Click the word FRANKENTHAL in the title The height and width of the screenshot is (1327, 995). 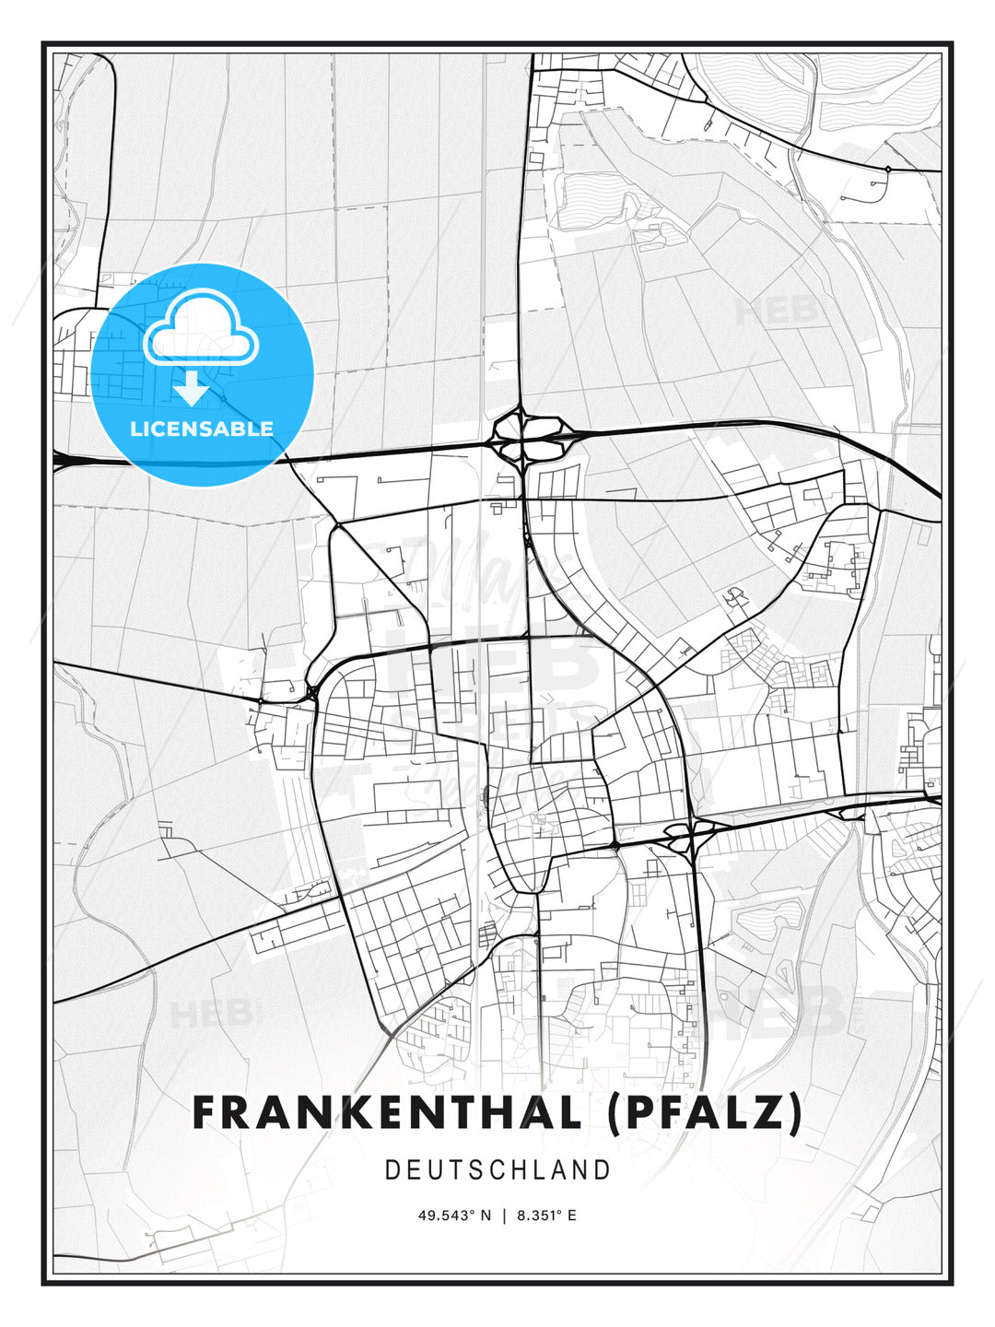(387, 1112)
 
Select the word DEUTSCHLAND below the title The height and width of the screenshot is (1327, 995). (497, 1170)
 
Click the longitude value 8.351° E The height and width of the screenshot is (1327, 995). (546, 1215)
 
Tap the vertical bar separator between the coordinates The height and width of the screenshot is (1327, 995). (504, 1215)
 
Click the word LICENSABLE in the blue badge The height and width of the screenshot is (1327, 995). (202, 429)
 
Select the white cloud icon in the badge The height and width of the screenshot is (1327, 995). (201, 327)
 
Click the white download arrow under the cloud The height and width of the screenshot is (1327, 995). (192, 389)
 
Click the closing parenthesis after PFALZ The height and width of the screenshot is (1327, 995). (794, 1113)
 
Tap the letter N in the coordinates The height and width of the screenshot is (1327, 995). (487, 1215)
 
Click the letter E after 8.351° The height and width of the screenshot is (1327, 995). (572, 1215)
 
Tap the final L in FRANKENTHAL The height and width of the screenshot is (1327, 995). (567, 1112)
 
